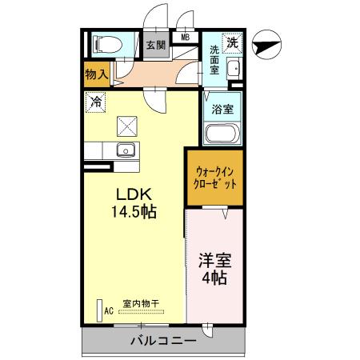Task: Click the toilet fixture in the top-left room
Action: point(104,44)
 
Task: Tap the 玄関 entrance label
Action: point(155,45)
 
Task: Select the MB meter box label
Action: point(185,36)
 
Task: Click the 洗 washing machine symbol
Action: point(232,42)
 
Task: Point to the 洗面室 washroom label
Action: point(214,60)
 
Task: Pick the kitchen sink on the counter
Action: point(125,150)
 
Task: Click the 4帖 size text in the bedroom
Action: point(214,278)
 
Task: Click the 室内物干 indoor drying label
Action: point(141,303)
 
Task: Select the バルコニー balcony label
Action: point(163,341)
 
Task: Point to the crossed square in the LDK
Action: point(127,125)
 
